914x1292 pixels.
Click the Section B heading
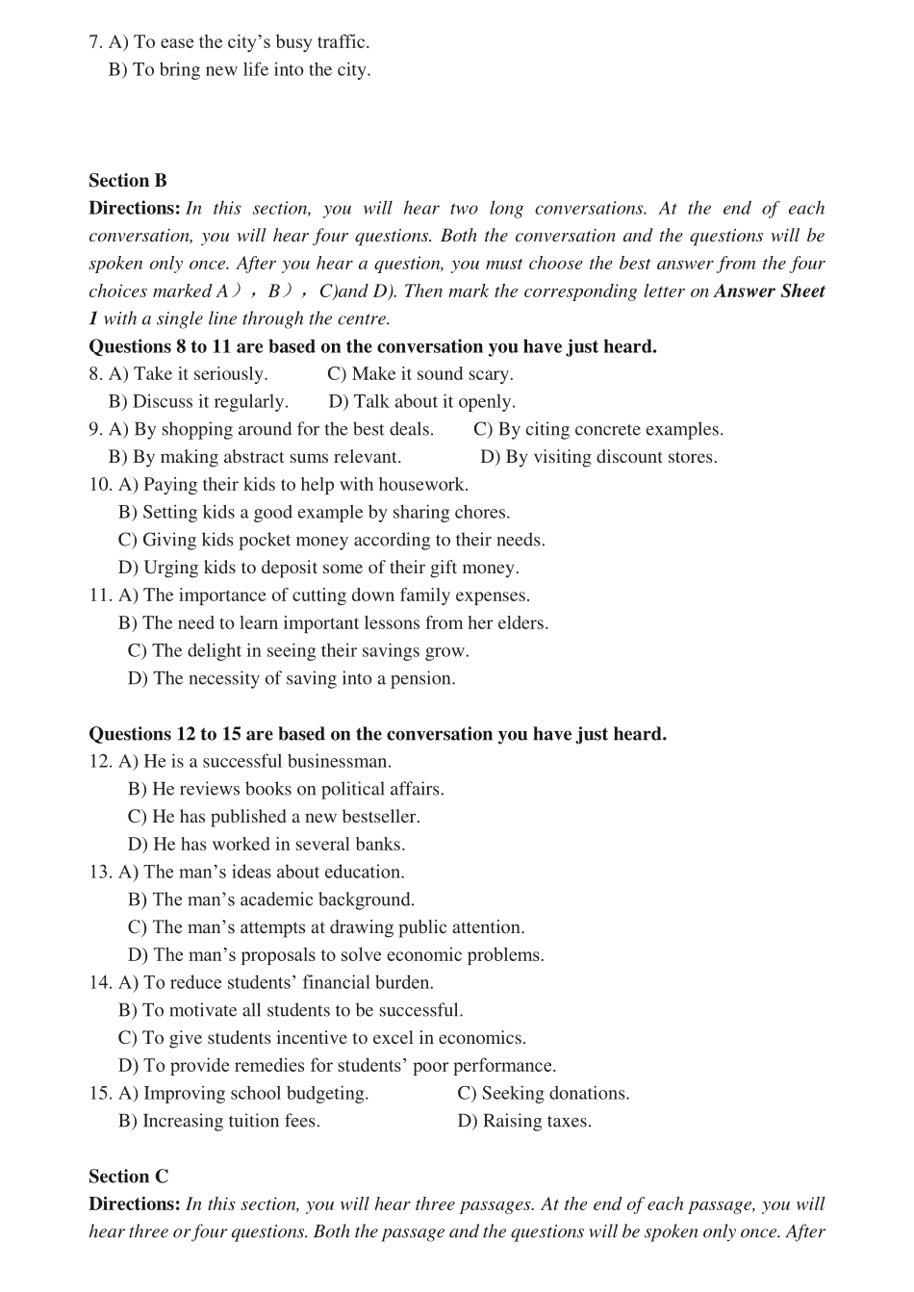[127, 181]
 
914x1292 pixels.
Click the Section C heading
[128, 1177]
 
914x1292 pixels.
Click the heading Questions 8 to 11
[372, 346]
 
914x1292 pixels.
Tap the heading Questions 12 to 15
[377, 734]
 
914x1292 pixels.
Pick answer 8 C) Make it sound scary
[420, 374]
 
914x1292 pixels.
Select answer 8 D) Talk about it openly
[421, 402]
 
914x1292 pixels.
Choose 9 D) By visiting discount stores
[598, 457]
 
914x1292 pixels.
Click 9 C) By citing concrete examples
[597, 430]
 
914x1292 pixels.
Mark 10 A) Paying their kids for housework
[293, 485]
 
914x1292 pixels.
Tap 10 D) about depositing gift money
[318, 568]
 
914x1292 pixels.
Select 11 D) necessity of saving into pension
[292, 678]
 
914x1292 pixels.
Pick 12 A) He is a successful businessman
[255, 762]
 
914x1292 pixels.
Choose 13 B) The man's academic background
[271, 899]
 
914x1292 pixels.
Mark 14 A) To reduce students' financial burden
[276, 983]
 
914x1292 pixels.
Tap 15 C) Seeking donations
[544, 1094]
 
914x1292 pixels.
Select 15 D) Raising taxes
[524, 1121]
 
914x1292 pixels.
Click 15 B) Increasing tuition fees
[219, 1121]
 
